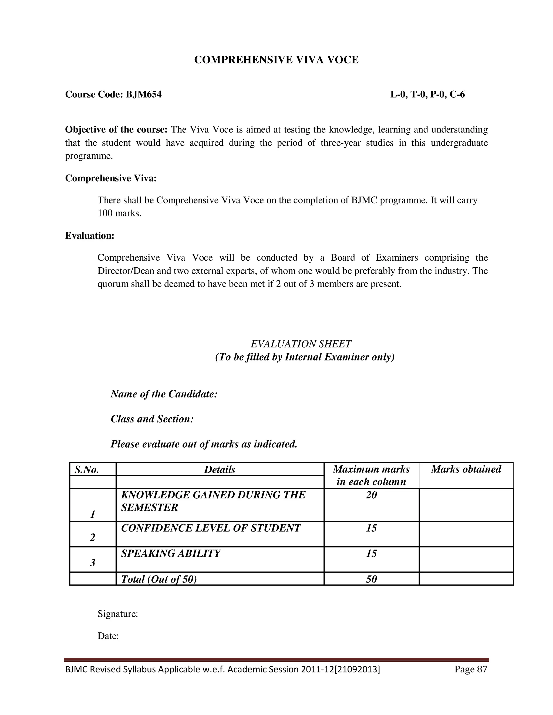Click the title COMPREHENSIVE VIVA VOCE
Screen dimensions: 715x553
[276, 60]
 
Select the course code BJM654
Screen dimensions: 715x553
[143, 95]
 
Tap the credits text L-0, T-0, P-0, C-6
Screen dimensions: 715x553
[427, 95]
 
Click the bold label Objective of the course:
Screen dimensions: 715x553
[116, 130]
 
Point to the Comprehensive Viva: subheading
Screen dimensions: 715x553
[111, 178]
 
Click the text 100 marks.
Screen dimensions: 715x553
[119, 213]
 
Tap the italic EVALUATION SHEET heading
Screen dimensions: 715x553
[301, 344]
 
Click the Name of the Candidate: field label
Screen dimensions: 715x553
[164, 394]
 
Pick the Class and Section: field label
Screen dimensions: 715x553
[152, 419]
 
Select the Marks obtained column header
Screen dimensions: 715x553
[466, 469]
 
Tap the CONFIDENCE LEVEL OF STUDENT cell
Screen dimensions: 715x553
[211, 528]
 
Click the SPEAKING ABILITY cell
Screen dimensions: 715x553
[171, 553]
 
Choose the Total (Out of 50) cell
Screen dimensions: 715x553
[159, 579]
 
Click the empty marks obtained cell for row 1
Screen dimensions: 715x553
[466, 505]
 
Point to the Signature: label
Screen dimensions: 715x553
[118, 614]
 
